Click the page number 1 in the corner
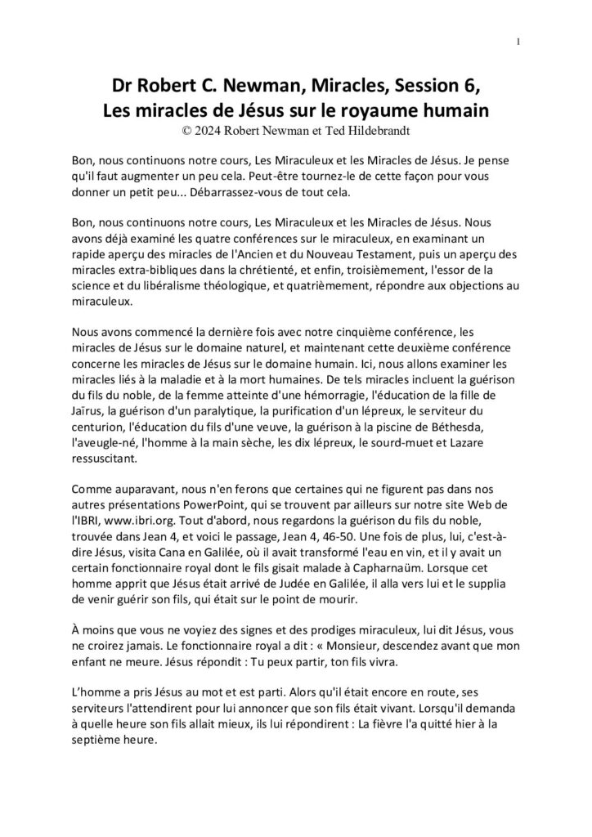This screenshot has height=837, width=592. [519, 43]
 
